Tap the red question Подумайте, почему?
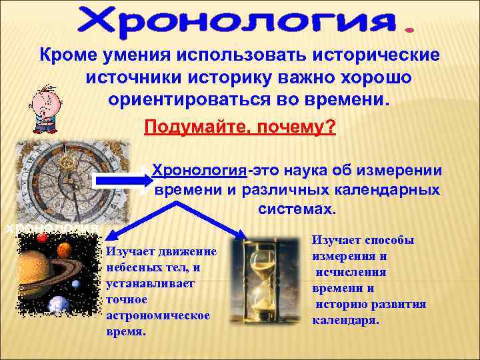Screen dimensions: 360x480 (239, 126)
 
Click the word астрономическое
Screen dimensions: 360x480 (158, 315)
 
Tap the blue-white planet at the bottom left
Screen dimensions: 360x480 (59, 303)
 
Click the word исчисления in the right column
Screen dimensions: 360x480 (351, 272)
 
